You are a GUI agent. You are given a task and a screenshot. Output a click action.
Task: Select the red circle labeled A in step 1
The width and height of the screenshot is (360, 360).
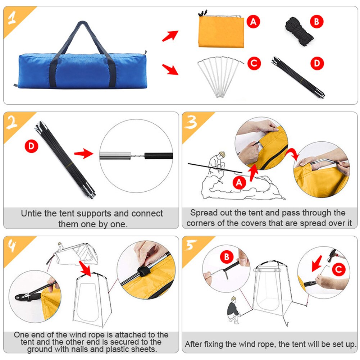254,22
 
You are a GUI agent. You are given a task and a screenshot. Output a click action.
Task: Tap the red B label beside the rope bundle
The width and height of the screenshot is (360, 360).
316,22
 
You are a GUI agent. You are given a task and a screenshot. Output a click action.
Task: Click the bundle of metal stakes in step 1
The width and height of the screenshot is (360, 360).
220,76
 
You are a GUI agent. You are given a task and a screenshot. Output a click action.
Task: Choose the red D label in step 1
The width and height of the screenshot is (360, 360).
317,64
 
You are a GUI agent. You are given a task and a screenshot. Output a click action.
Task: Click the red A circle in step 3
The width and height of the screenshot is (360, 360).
240,183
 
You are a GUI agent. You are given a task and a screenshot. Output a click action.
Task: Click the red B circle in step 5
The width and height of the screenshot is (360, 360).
227,257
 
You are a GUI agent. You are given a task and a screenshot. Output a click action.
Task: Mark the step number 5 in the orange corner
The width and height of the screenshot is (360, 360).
191,246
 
